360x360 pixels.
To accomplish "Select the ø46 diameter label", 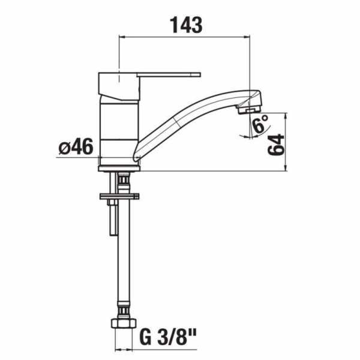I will [x=76, y=146].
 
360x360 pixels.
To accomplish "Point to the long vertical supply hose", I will [x=124, y=258].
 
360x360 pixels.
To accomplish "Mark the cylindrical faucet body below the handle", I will [x=118, y=129].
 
